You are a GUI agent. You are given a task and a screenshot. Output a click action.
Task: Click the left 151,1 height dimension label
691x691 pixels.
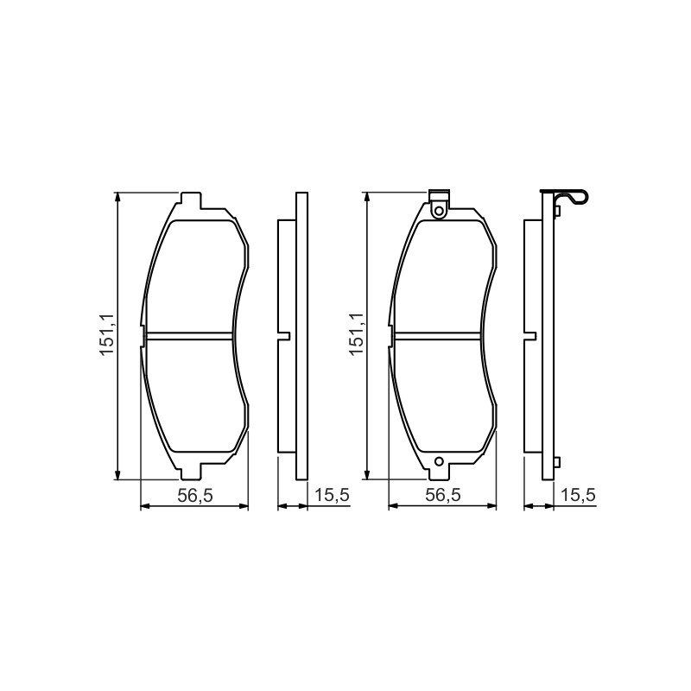click(106, 335)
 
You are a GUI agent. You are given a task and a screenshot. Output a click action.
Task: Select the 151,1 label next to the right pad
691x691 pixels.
click(356, 334)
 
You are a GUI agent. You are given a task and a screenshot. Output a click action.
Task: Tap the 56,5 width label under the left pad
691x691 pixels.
click(195, 496)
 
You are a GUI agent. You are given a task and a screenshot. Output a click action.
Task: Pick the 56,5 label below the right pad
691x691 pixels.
click(443, 495)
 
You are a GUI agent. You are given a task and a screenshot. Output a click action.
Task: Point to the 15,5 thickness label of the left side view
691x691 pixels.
click(332, 495)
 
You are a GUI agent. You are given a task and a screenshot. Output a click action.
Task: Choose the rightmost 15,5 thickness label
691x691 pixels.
click(578, 495)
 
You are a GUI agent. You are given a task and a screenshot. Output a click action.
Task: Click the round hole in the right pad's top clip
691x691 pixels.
click(439, 212)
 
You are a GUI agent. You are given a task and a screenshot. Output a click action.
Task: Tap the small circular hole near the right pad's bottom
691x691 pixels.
click(439, 461)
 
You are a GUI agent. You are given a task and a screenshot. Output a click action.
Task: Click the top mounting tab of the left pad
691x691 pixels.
click(191, 200)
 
